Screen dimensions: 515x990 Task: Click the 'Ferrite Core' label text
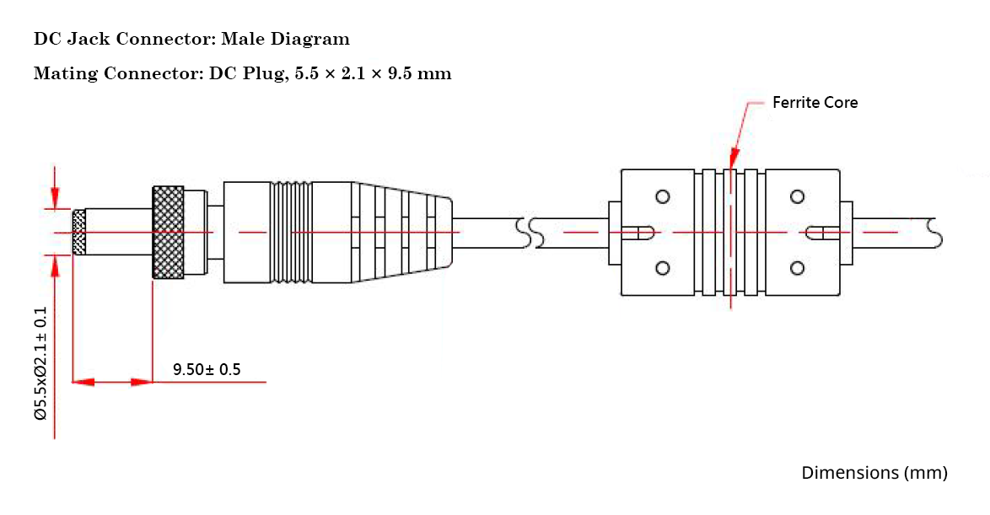815,103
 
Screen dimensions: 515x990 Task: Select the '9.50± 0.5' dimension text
207,369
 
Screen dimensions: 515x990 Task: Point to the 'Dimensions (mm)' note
874,473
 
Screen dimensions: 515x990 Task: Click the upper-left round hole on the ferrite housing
662,196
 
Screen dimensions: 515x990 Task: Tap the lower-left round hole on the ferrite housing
662,268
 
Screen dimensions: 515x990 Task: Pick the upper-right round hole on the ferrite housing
797,196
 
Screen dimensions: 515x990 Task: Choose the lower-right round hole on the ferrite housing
797,268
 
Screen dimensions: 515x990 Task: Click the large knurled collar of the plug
168,232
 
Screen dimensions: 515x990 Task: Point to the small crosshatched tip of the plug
79,232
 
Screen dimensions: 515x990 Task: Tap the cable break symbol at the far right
933,232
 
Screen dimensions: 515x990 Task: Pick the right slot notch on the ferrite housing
818,232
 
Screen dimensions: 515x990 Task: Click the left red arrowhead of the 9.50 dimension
83,383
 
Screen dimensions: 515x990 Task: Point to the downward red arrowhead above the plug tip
55,199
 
